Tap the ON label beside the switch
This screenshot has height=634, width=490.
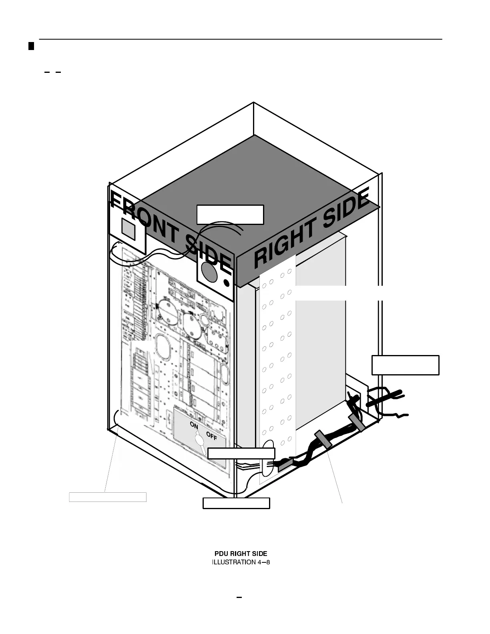pos(194,426)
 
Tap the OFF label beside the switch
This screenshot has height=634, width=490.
pos(211,436)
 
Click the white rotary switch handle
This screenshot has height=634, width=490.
pos(199,441)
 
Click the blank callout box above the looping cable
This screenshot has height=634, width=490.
pos(230,215)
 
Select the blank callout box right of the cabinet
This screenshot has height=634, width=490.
pos(405,365)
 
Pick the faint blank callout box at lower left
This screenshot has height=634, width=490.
pos(108,497)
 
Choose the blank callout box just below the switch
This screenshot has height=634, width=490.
pos(241,453)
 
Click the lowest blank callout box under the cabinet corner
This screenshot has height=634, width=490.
pos(236,503)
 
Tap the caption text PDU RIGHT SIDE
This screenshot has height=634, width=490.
pos(241,554)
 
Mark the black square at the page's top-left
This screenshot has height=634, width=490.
pos(31,46)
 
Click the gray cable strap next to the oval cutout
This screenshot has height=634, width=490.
pos(285,464)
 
